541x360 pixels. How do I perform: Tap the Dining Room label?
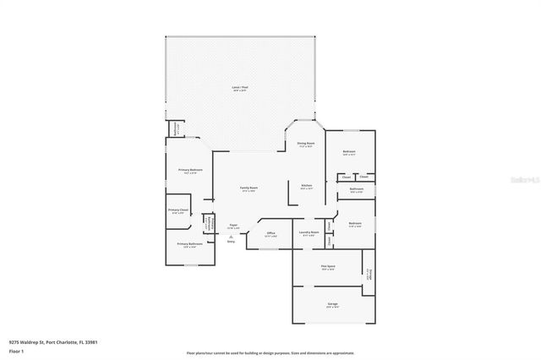[x=305, y=144]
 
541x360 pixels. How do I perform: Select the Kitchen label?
[x=307, y=186]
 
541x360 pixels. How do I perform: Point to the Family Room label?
[x=248, y=188]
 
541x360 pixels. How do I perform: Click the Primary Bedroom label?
[x=189, y=171]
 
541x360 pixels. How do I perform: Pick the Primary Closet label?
[x=178, y=210]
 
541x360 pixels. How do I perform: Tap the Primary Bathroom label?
[x=188, y=244]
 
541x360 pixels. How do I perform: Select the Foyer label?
[x=232, y=226]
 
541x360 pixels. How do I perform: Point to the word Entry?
[x=231, y=242]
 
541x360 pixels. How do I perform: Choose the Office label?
[x=270, y=233]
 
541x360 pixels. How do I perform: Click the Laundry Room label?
[x=309, y=232]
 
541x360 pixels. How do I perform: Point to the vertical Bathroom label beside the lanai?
[x=177, y=130]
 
